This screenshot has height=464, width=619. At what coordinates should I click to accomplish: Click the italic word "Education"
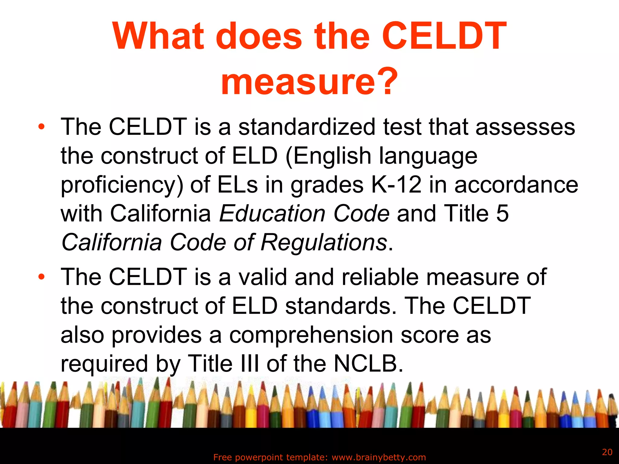point(272,213)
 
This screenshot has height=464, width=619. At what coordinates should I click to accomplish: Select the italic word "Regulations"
point(323,242)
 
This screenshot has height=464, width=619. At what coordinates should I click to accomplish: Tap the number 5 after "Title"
point(502,213)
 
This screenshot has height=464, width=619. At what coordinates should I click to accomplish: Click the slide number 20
point(607,452)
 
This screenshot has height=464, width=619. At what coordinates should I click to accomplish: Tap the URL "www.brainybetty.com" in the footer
point(379,457)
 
